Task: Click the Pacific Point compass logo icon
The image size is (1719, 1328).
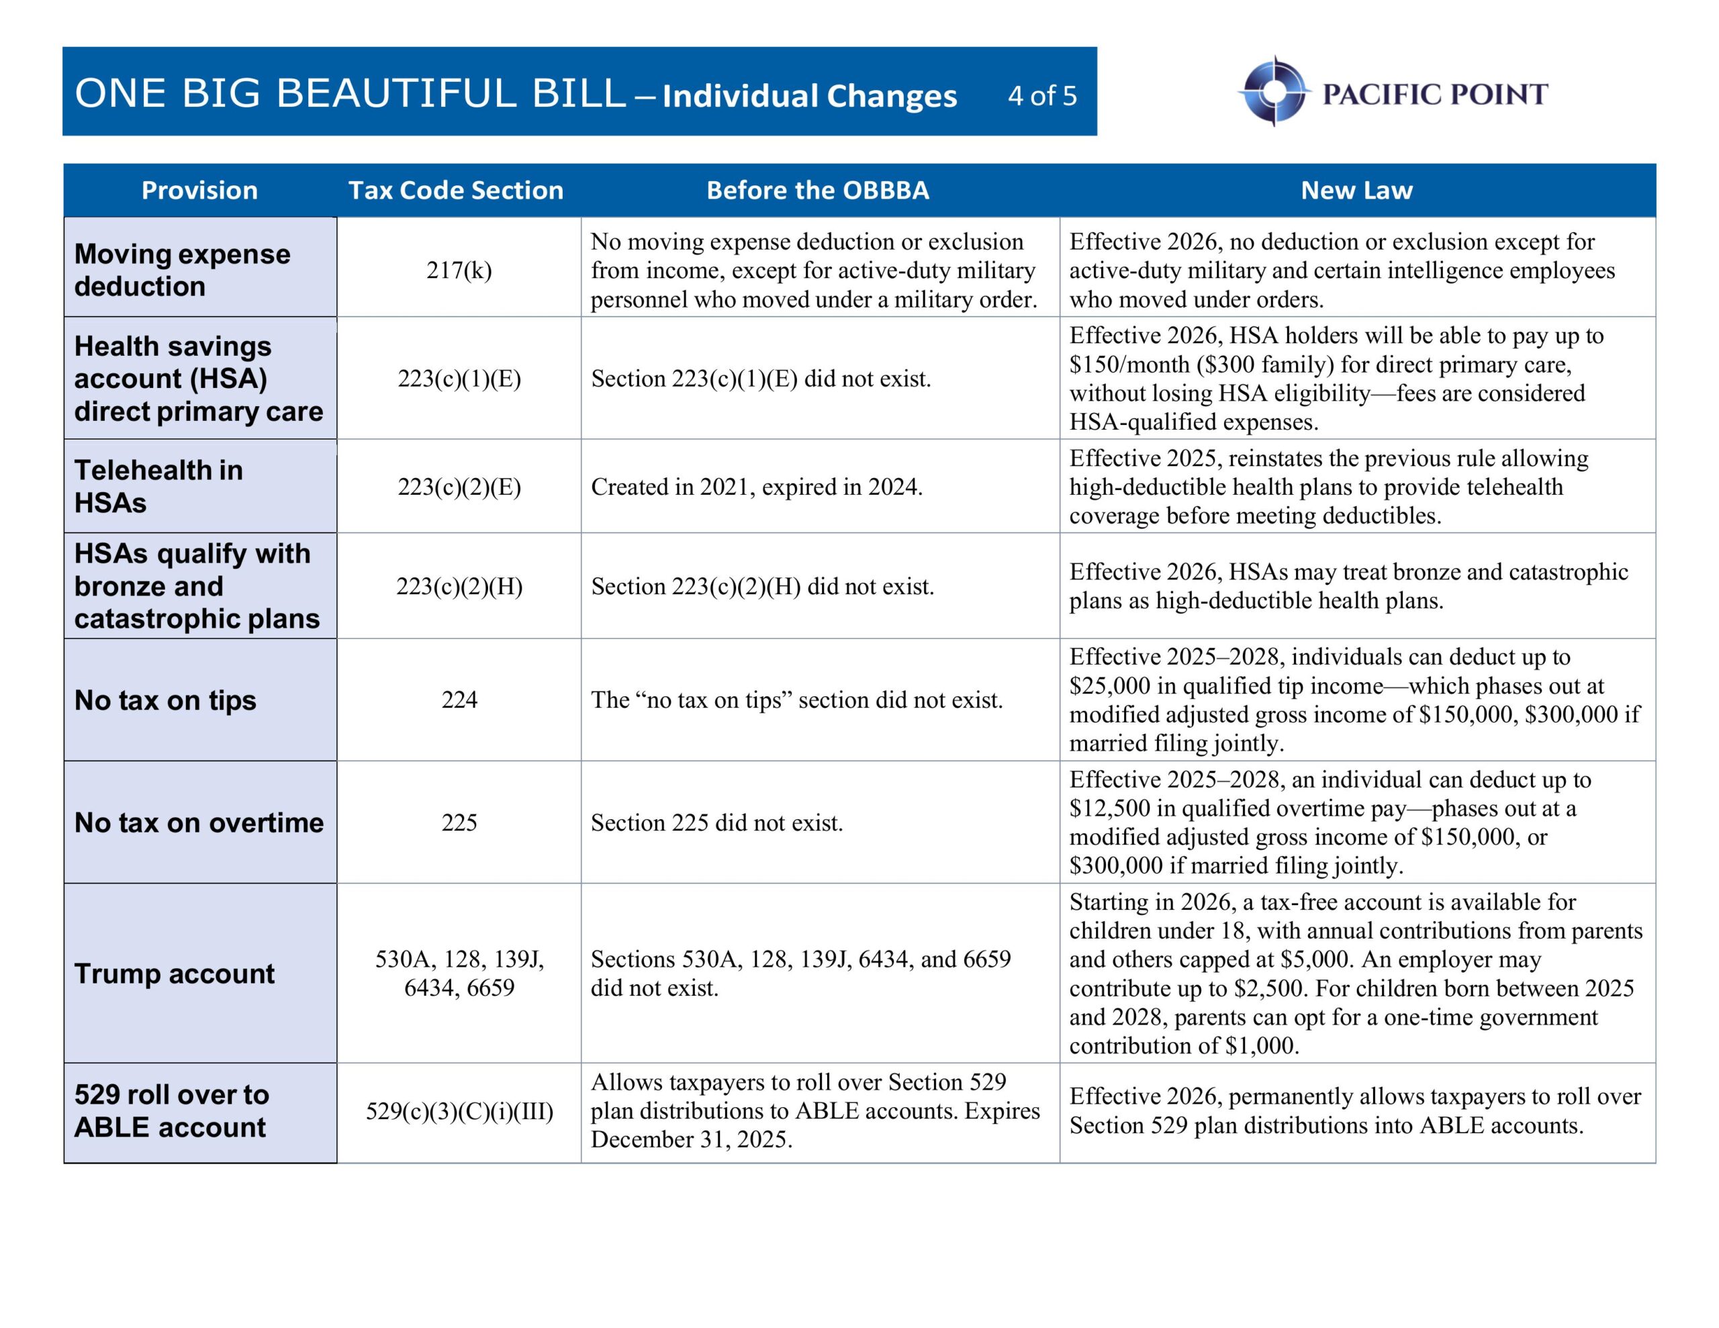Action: tap(1274, 91)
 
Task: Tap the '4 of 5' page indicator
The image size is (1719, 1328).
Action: tap(1041, 96)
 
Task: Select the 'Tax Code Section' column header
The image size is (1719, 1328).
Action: tap(456, 191)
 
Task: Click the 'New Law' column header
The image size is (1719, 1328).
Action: tap(1356, 191)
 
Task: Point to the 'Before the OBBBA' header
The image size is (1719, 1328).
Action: tap(817, 191)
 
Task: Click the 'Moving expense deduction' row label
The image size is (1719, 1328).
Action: tap(182, 270)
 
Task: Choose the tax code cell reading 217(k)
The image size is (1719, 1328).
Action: tap(459, 270)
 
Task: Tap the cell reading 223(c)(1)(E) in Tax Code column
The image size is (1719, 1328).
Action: tap(459, 379)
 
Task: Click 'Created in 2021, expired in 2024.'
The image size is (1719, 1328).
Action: tap(756, 487)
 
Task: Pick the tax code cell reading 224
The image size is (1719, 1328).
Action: tap(459, 700)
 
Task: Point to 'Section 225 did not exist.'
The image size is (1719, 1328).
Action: tap(716, 822)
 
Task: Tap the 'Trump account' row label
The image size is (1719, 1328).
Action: tap(174, 974)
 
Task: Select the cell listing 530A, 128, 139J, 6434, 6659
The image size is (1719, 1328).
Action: tap(459, 973)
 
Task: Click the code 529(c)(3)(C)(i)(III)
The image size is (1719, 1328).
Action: tap(459, 1112)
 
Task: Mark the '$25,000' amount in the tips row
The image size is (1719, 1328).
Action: tap(1110, 685)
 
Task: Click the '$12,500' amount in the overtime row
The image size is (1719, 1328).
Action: tap(1110, 808)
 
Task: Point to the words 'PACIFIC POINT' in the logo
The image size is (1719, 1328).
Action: tap(1434, 95)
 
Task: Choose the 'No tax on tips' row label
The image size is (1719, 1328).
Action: tap(165, 700)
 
